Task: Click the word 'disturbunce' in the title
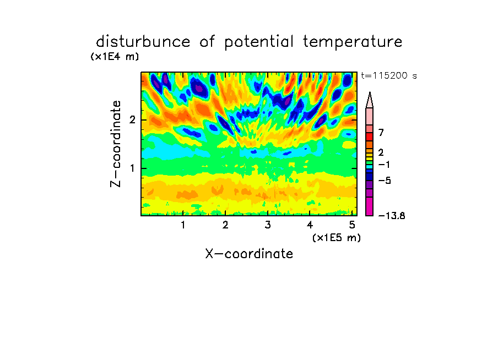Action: pos(143,42)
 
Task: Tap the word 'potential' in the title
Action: pos(259,42)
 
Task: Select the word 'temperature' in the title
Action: pos(353,42)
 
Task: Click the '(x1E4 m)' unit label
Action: pos(115,57)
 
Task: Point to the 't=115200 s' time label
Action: pos(389,75)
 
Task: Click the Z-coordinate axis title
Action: pos(116,144)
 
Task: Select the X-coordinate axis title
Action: pos(249,254)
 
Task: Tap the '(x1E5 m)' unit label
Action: pos(337,238)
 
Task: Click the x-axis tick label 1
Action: pos(183,225)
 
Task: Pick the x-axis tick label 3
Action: pos(268,225)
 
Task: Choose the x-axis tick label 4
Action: pos(310,225)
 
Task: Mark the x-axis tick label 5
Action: pos(352,225)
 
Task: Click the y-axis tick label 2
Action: pos(132,119)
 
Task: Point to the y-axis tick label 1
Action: pos(132,168)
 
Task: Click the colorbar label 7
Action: pos(381,132)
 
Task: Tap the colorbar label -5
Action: pos(385,181)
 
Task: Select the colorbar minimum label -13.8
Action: pos(392,216)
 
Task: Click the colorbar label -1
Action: pos(384,165)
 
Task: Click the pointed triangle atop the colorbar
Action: pos(370,100)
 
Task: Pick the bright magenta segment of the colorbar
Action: pos(370,206)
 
